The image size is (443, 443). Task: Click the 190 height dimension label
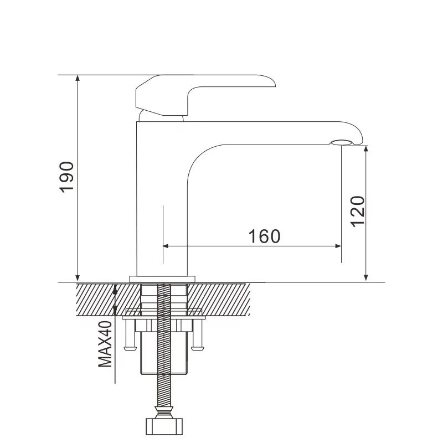pyautogui.click(x=66, y=177)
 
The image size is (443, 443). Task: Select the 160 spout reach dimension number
pyautogui.click(x=264, y=236)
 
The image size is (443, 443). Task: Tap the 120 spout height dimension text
pyautogui.click(x=357, y=211)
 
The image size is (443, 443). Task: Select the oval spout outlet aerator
pyautogui.click(x=342, y=143)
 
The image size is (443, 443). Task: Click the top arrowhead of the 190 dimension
pyautogui.click(x=78, y=79)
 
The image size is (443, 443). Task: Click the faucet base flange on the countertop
pyautogui.click(x=163, y=279)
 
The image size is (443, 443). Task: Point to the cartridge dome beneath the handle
pyautogui.click(x=161, y=116)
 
